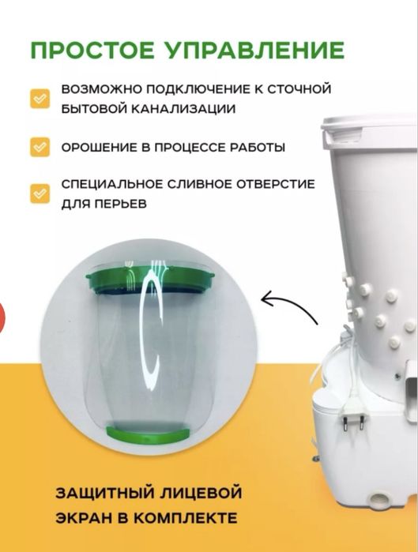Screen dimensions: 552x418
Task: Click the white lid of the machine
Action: (371, 126)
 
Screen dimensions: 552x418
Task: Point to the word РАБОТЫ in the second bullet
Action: (258, 148)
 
